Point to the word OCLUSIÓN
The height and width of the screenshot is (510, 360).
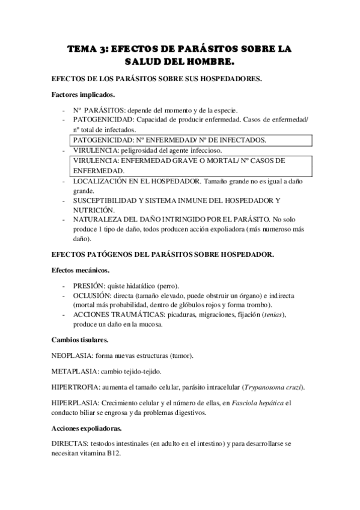click(92, 295)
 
